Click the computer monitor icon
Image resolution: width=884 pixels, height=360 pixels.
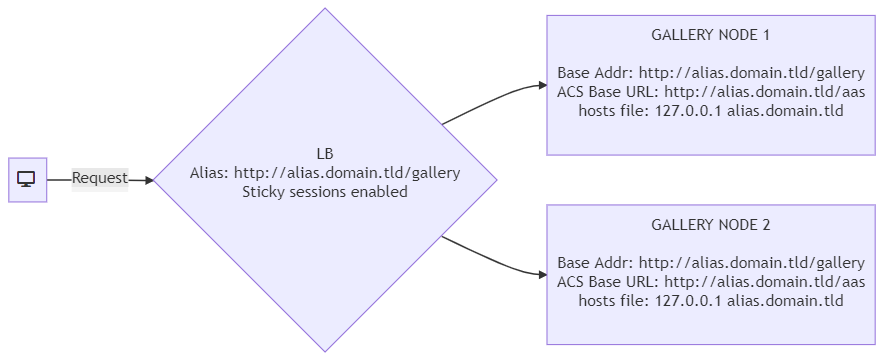click(26, 180)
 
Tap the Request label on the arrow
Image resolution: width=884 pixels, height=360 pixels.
click(100, 179)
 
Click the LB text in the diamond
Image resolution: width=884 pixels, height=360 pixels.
click(325, 154)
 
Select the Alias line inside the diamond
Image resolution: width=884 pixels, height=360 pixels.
click(325, 173)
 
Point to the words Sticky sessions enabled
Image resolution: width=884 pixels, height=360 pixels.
click(325, 192)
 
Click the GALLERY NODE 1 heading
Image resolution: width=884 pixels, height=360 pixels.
click(710, 35)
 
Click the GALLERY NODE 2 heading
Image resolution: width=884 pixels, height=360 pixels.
click(710, 225)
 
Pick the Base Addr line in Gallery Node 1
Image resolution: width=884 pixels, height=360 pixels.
click(710, 73)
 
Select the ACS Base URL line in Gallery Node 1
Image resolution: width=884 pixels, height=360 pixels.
click(710, 91)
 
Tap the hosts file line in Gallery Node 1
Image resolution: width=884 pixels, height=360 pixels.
click(710, 110)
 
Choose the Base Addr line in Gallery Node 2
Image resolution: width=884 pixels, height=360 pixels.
click(710, 263)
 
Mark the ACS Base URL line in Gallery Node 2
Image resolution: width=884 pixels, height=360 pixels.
click(710, 281)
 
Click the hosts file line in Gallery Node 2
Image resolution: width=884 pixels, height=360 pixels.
click(710, 300)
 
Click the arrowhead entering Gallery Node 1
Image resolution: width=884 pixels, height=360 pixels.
click(543, 86)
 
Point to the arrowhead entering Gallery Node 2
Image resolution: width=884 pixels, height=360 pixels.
click(543, 275)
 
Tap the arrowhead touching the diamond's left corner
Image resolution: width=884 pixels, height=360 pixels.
click(149, 180)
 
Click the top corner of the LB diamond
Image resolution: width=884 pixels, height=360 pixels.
click(325, 8)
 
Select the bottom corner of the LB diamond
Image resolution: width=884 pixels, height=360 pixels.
click(325, 352)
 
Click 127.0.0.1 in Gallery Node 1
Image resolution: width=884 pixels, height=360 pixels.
click(688, 110)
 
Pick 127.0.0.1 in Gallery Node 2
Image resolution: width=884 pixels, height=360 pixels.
click(688, 300)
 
